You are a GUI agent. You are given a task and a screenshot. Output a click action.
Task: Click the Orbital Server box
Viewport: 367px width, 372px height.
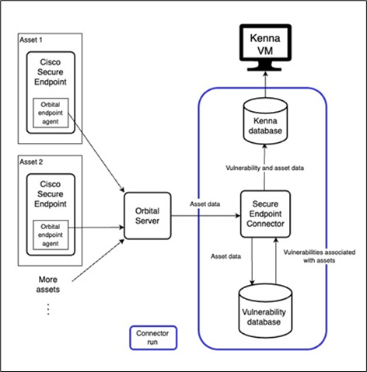coord(149,215)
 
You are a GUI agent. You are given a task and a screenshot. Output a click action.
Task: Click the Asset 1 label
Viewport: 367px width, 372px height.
coord(32,40)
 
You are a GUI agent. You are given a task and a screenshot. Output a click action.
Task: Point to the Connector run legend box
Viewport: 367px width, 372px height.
coord(152,338)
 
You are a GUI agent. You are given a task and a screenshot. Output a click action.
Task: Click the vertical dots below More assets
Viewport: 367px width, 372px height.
coord(48,308)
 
